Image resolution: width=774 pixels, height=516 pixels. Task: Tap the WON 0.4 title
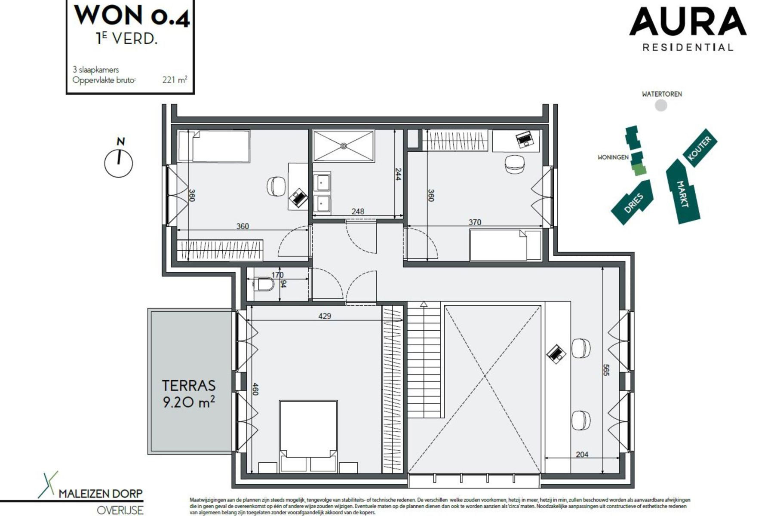[132, 15]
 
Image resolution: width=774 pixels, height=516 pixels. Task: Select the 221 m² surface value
[175, 80]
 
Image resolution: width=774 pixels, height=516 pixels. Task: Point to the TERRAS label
[189, 385]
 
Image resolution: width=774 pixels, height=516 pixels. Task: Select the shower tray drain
[344, 146]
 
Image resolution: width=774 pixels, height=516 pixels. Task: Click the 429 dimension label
[325, 316]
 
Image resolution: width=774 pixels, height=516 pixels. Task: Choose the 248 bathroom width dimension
[358, 211]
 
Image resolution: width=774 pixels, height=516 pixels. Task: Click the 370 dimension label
[475, 222]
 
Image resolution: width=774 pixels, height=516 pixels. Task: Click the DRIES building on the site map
[633, 203]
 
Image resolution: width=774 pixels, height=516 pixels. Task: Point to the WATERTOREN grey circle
[661, 105]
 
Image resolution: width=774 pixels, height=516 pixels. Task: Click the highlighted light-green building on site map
[639, 170]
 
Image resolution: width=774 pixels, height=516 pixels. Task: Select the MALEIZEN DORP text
[100, 494]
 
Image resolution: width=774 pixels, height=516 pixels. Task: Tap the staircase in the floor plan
[424, 361]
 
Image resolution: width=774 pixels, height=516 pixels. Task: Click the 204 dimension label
[582, 454]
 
